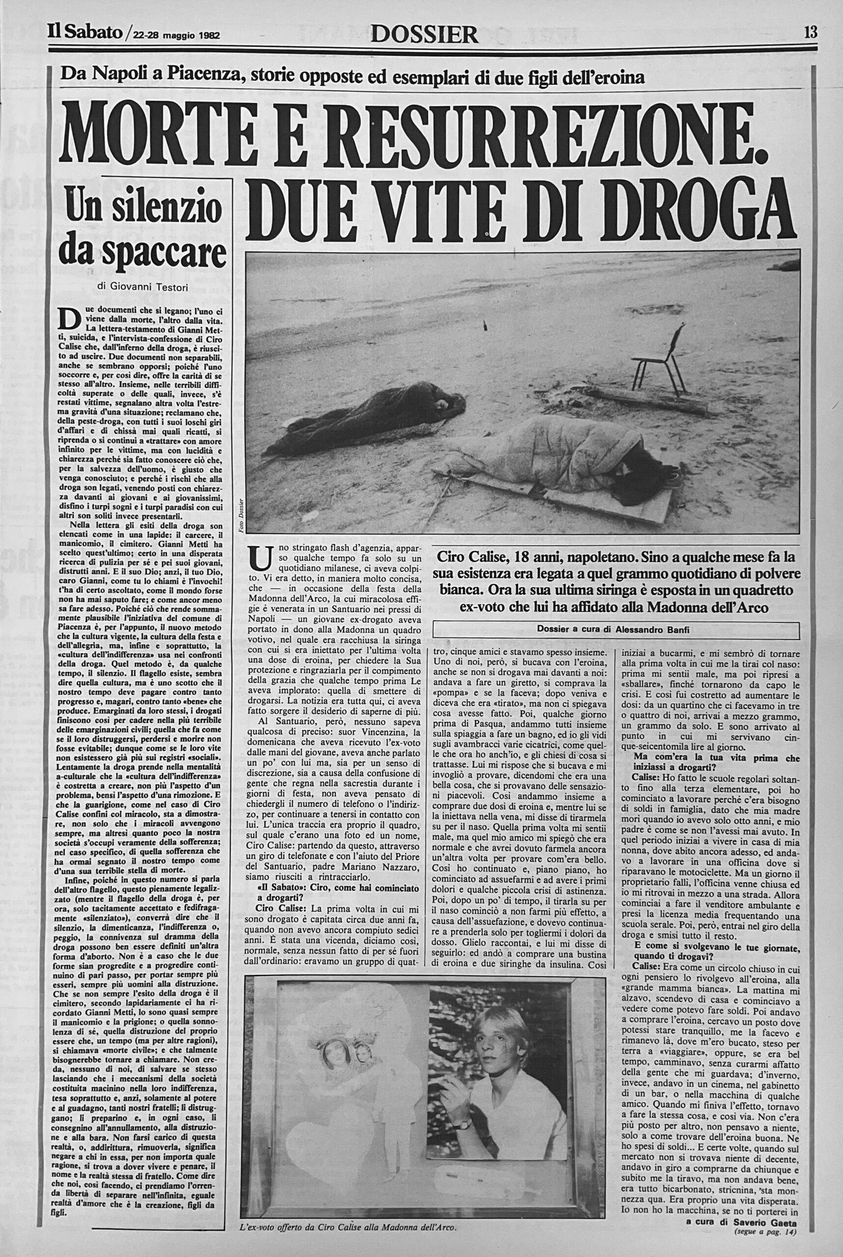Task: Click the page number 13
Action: [x=810, y=33]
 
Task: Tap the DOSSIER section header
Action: [x=424, y=34]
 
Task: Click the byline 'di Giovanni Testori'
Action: [x=142, y=287]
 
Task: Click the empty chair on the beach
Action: [x=655, y=357]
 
